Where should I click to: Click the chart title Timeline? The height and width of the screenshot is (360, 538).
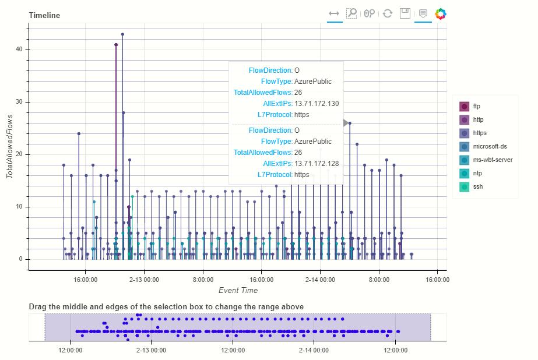[x=44, y=15]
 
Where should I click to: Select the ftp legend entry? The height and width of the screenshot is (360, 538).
[x=476, y=106]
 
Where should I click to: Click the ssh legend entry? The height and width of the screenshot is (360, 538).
[x=477, y=187]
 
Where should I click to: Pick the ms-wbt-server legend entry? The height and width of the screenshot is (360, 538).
[x=492, y=160]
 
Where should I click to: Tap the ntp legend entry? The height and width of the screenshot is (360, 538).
[x=477, y=174]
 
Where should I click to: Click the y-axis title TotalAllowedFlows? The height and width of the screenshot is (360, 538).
[x=9, y=146]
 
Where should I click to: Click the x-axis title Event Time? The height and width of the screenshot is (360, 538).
[x=238, y=290]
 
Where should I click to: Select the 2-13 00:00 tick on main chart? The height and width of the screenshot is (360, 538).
[x=144, y=280]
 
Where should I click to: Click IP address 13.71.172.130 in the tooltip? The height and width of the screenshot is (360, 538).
[x=317, y=104]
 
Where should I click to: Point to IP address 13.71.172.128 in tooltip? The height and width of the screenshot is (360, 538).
[x=317, y=164]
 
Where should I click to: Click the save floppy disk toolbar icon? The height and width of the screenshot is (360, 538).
[x=405, y=13]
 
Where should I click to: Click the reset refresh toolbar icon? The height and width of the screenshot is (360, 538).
[x=388, y=13]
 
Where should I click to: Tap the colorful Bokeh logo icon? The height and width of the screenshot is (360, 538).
[x=441, y=13]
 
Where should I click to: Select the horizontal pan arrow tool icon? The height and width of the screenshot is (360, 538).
[x=334, y=13]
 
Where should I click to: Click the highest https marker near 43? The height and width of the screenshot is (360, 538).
[x=122, y=34]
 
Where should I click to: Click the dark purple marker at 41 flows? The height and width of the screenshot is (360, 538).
[x=116, y=45]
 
